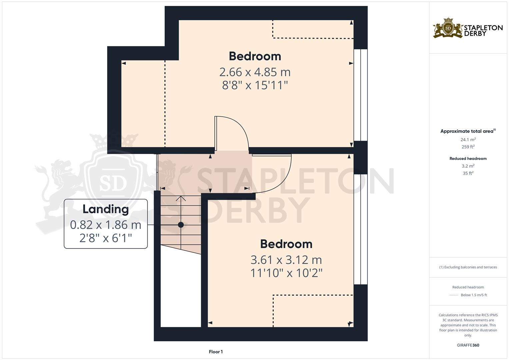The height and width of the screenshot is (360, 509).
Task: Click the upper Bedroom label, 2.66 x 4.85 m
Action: click(x=255, y=56)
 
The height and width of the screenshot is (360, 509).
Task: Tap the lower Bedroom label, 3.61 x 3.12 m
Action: click(x=286, y=244)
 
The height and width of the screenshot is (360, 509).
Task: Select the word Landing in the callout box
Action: click(x=106, y=209)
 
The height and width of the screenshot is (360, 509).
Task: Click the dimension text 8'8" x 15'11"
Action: click(x=255, y=85)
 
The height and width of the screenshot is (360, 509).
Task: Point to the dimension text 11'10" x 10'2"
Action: click(x=286, y=273)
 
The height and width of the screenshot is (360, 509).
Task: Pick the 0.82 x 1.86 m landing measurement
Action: click(x=106, y=225)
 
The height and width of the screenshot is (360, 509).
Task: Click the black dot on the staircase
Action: click(x=181, y=225)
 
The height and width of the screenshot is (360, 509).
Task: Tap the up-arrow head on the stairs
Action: click(x=181, y=198)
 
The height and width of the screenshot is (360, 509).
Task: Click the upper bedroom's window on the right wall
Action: click(x=360, y=95)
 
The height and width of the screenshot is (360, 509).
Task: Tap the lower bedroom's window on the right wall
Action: click(x=360, y=229)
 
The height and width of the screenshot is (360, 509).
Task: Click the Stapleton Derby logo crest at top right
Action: click(x=448, y=28)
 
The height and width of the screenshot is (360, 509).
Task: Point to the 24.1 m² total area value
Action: click(x=468, y=140)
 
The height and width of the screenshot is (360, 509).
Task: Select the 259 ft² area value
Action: click(x=468, y=147)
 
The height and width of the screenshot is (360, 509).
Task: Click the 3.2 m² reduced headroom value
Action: click(x=468, y=166)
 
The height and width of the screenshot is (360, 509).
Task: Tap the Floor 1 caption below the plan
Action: click(x=216, y=352)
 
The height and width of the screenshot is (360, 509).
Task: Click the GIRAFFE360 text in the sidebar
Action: click(x=468, y=345)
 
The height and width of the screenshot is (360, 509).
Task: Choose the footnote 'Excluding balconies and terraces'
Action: click(x=468, y=267)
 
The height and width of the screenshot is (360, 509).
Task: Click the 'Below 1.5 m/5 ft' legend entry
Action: click(x=474, y=295)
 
